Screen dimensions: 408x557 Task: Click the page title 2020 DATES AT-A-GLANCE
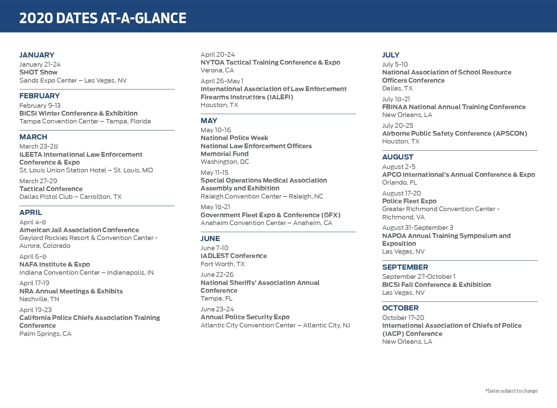coord(103,18)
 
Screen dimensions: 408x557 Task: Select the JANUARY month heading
coord(37,55)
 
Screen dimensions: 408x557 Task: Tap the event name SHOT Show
coord(38,72)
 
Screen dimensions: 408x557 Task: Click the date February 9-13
coord(40,106)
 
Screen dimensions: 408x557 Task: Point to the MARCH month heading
coord(33,137)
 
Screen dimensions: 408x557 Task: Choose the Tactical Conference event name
coord(51,189)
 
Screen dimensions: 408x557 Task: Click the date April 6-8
coord(33,257)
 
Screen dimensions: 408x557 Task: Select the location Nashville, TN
coord(39,299)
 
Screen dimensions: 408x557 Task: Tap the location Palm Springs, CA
coord(45,334)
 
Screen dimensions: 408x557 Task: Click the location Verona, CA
coord(217,70)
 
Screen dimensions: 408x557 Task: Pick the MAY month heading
coord(209,121)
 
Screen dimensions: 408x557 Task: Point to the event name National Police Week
coord(234,138)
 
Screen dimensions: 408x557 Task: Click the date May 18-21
coord(215,207)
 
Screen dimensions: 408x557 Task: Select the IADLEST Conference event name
coord(234,256)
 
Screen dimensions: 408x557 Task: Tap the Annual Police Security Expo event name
coord(245,317)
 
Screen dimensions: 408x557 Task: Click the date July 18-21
coord(396,99)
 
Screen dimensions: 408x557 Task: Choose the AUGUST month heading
coord(398,157)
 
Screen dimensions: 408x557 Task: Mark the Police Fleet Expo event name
coord(409,201)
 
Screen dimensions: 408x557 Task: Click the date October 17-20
coord(403,318)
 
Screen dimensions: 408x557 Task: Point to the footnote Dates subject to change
coord(511,391)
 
